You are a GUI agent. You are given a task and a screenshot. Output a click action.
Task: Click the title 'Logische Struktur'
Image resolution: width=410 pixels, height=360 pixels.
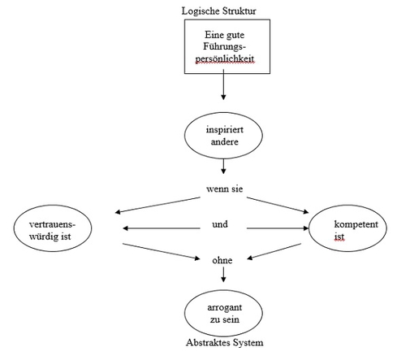click(218, 11)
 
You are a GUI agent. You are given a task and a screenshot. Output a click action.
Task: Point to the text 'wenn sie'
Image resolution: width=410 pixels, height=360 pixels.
click(225, 189)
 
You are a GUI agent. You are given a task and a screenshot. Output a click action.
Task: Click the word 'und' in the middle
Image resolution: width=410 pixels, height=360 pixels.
click(220, 224)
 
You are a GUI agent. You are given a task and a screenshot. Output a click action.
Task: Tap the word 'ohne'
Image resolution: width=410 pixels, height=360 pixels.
click(222, 260)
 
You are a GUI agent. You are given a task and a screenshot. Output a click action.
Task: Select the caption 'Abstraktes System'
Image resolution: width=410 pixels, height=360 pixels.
click(225, 342)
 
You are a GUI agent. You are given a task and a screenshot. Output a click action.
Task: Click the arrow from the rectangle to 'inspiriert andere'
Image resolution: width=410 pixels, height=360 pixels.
click(223, 85)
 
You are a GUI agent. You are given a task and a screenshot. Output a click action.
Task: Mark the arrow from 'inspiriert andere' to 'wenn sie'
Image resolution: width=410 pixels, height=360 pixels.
click(223, 167)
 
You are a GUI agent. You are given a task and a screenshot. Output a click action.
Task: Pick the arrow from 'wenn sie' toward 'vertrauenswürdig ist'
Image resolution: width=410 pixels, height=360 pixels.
click(158, 205)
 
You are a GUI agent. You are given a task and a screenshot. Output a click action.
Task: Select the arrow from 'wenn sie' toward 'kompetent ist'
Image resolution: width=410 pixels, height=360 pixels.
click(278, 206)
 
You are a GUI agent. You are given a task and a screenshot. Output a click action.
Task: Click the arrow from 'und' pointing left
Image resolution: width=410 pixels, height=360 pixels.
click(162, 228)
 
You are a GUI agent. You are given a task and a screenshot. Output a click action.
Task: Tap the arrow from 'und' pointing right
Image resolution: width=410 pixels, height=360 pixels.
click(278, 228)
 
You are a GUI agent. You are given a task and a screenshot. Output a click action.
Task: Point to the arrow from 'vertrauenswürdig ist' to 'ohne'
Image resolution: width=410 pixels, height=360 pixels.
click(162, 252)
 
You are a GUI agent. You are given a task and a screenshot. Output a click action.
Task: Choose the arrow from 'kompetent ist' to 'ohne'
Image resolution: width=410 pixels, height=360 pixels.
click(274, 252)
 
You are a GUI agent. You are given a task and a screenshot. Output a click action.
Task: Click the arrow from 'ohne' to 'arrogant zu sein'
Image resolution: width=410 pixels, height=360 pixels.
click(223, 275)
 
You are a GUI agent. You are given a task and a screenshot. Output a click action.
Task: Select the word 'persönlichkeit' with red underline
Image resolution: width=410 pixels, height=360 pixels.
click(225, 59)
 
